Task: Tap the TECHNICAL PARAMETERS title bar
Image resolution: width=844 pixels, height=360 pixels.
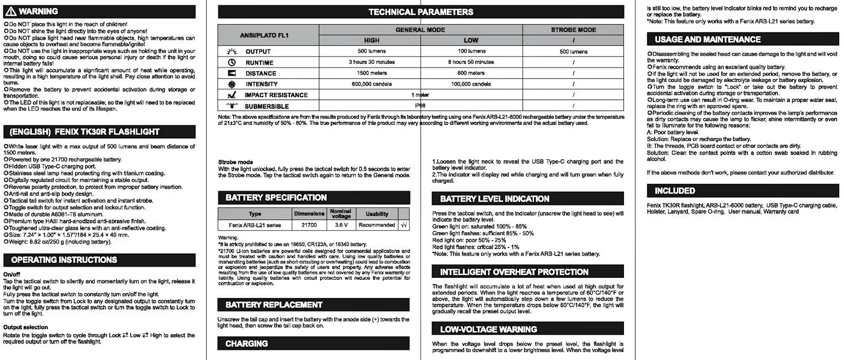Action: pos(421,12)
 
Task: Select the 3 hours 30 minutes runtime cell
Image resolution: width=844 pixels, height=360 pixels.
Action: pos(371,62)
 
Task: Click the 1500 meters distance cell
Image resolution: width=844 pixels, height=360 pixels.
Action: pos(371,73)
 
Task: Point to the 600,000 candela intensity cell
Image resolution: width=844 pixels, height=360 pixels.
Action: pos(371,84)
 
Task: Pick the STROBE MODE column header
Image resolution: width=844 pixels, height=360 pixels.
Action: pos(573,30)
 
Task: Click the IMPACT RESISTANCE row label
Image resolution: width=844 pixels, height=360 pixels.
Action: pos(276,95)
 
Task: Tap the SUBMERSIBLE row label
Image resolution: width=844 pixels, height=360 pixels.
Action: pos(267,106)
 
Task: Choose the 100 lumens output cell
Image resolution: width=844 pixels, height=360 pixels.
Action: pos(471,51)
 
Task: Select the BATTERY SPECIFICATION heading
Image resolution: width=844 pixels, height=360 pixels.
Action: pos(276,198)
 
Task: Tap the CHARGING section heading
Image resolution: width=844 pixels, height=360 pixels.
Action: pos(247,344)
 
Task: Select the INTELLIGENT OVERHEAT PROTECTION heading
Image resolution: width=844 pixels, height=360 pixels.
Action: pos(514,272)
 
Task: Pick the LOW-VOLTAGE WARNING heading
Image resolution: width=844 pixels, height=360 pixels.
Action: pos(488,329)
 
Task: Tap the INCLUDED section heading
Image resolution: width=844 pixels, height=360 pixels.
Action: pos(675,191)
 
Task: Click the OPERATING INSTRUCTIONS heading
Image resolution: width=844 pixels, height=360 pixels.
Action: pos(64,260)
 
